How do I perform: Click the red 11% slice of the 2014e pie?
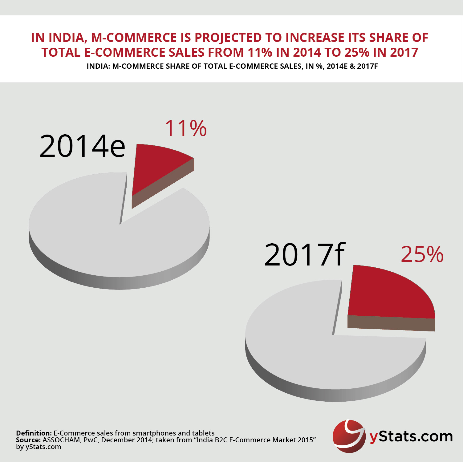click(154, 166)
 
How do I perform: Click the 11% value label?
click(186, 128)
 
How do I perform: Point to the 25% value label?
click(422, 255)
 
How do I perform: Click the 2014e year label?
click(82, 146)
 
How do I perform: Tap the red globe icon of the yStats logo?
click(348, 436)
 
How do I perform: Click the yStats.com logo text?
click(411, 437)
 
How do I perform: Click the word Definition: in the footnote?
click(34, 433)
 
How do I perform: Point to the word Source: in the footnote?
click(28, 440)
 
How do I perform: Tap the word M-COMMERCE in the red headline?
click(134, 38)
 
